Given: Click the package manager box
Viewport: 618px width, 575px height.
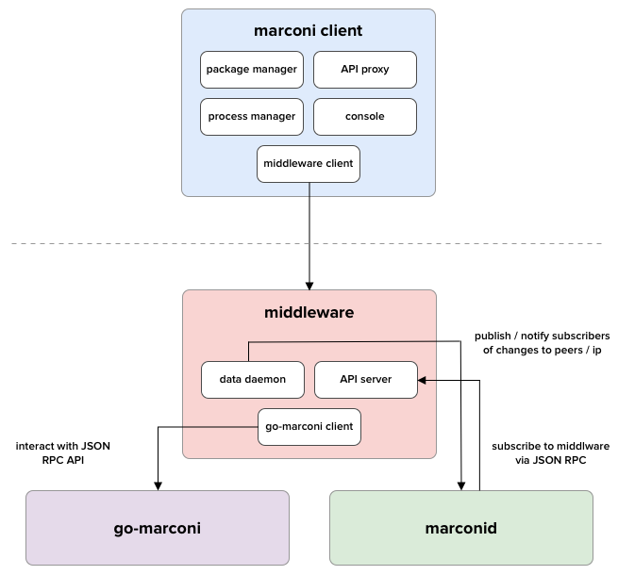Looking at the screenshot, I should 252,70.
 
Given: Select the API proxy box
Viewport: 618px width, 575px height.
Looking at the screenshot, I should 364,70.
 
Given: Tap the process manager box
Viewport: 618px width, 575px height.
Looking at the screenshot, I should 252,117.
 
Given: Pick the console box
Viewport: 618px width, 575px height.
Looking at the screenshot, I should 364,117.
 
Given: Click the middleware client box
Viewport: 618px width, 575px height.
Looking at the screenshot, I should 309,163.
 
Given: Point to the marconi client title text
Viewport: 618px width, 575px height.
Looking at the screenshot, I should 309,31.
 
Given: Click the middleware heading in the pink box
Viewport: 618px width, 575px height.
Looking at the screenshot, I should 309,312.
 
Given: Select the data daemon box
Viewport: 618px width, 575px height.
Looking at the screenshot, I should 252,380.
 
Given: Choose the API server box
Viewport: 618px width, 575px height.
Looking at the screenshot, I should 364,380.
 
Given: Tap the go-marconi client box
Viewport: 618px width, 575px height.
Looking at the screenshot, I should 309,426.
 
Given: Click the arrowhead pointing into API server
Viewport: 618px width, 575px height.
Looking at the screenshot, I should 422,380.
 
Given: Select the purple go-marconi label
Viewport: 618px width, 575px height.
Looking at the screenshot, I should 157,528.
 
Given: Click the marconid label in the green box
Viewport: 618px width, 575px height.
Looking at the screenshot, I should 460,528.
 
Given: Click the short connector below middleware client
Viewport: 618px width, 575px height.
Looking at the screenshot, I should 309,189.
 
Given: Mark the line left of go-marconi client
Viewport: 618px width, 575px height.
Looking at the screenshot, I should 220,427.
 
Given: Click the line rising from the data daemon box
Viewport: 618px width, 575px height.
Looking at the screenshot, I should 249,351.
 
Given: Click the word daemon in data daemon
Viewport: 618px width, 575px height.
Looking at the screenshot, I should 265,380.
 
